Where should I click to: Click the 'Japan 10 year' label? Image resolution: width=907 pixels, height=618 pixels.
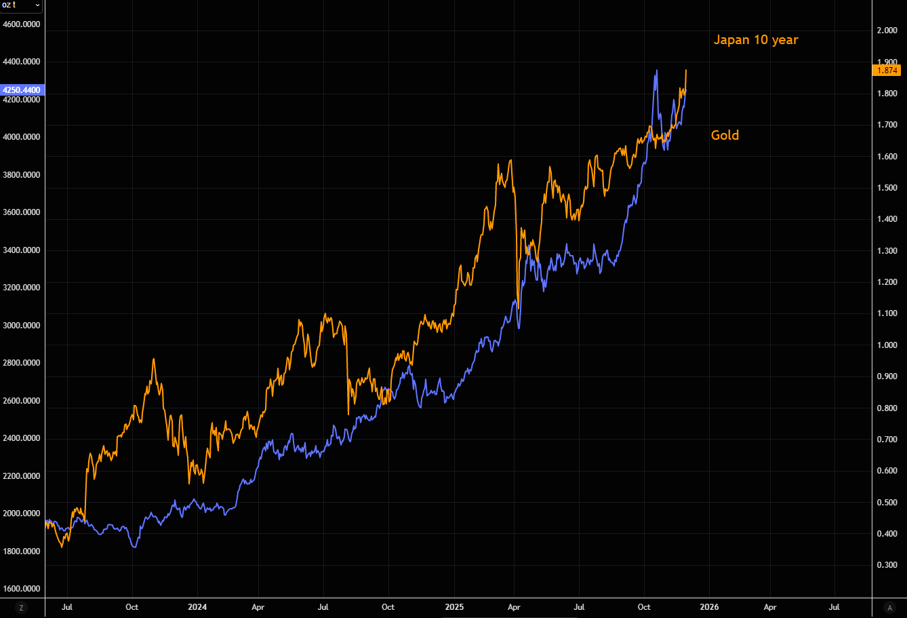[756, 40]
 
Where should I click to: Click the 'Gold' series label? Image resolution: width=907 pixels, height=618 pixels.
[725, 135]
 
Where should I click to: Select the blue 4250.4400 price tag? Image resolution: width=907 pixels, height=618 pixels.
[21, 90]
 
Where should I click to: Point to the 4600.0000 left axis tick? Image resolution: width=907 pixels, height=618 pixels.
[21, 24]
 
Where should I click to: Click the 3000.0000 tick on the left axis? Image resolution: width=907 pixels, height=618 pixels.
[21, 325]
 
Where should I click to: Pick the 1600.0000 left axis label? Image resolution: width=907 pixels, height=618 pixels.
[21, 589]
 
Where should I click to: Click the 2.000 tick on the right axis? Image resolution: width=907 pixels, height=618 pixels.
[887, 31]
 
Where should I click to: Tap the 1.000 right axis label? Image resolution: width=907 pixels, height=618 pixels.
[887, 345]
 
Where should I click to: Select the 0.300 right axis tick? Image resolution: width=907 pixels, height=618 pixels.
[887, 565]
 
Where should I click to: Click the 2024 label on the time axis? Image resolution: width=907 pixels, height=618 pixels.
[197, 607]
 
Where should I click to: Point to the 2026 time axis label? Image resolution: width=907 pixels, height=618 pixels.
[709, 607]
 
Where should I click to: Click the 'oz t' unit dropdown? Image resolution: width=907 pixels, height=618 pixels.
[21, 5]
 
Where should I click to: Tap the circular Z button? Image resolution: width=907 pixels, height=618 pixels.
[22, 607]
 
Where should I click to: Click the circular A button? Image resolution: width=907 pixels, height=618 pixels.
[889, 607]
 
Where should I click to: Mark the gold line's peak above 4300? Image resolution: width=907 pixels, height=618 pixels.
[656, 70]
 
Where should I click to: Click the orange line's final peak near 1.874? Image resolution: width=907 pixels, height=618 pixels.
[686, 70]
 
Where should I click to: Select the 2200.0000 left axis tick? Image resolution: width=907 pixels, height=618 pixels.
[21, 476]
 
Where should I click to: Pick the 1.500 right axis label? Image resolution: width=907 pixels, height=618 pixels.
[887, 188]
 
